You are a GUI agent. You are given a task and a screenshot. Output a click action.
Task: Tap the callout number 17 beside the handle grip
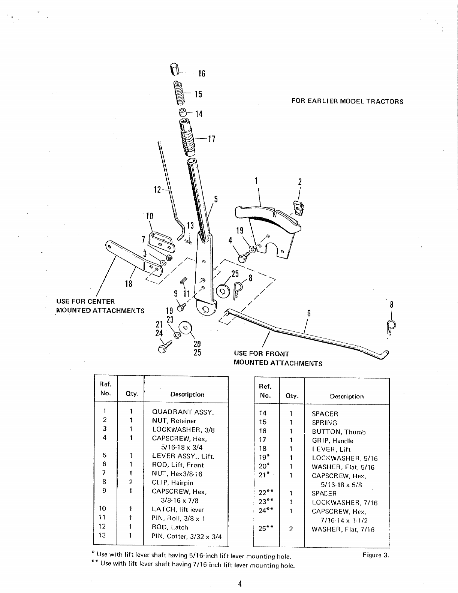pos(212,139)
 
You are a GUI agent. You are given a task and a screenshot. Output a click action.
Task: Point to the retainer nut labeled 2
pos(299,208)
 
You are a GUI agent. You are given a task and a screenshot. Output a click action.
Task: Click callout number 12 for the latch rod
pos(157,190)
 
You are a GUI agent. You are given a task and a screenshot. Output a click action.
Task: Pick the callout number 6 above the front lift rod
pos(309,313)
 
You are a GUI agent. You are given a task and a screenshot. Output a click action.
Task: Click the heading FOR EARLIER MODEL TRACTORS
pos(347,101)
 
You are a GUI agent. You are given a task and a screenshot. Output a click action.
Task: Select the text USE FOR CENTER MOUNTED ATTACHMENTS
pos(100,306)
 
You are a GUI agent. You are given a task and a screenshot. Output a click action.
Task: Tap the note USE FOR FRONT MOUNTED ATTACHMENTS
pos(278,358)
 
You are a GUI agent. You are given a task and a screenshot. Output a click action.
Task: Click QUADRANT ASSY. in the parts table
pos(183,412)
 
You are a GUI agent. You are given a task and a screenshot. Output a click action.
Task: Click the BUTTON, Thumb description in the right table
pos(339,432)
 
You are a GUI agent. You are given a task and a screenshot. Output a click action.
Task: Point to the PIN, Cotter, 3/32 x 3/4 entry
pos(187,536)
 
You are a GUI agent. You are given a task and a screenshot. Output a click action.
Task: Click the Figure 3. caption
pos(376,555)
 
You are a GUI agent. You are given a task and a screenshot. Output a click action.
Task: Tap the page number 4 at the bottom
pos(239,584)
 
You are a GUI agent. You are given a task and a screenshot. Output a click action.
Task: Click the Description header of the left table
pos(187,394)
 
